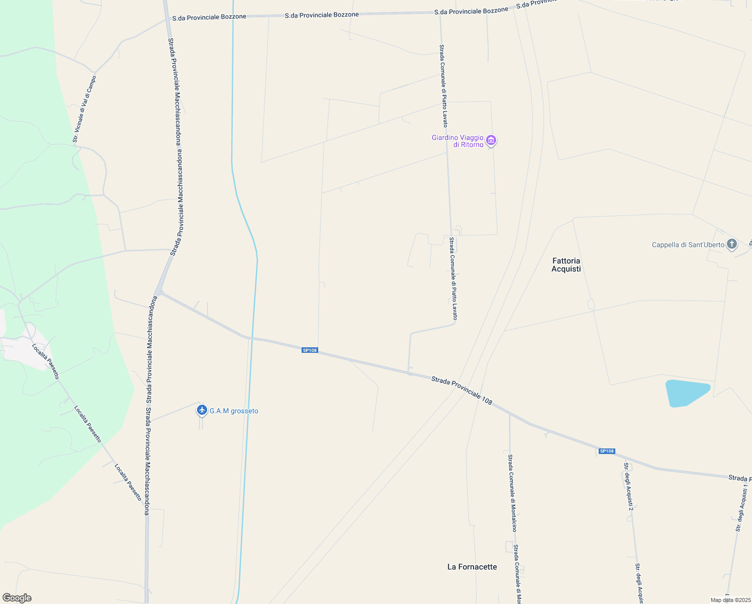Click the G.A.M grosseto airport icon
(202, 410)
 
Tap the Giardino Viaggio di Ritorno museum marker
(492, 140)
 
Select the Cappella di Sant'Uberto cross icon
(732, 245)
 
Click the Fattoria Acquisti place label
(566, 265)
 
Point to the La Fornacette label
(472, 567)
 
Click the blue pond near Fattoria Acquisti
(686, 393)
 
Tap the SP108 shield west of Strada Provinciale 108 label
(310, 350)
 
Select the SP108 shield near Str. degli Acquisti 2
(607, 451)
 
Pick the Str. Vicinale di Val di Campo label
(84, 109)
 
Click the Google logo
(17, 598)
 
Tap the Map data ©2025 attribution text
(729, 600)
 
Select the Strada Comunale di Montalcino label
(512, 493)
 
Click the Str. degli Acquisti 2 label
(628, 486)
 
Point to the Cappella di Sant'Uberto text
(688, 245)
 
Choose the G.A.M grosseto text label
(234, 411)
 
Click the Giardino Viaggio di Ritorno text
(457, 141)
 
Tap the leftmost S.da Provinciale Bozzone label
(209, 17)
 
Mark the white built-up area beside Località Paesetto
(23, 350)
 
